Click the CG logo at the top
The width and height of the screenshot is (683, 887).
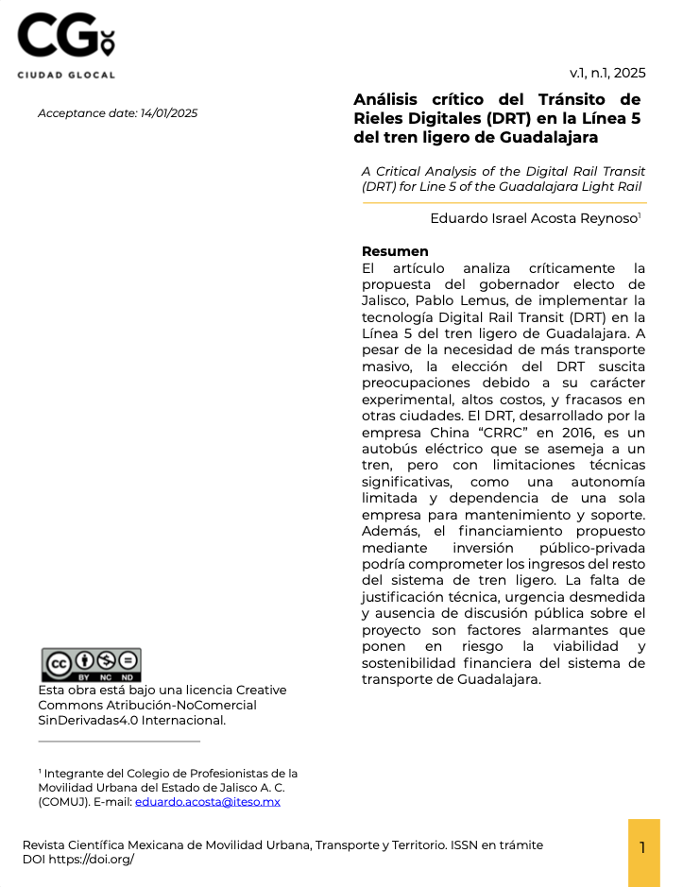click(x=65, y=38)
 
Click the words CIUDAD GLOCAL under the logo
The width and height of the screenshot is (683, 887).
click(x=65, y=75)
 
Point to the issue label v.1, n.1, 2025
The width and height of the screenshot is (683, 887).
click(x=607, y=73)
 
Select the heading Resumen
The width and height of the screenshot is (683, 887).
click(x=395, y=251)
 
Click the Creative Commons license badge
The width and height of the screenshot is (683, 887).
click(x=91, y=664)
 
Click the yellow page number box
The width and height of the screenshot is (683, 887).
click(x=643, y=847)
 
